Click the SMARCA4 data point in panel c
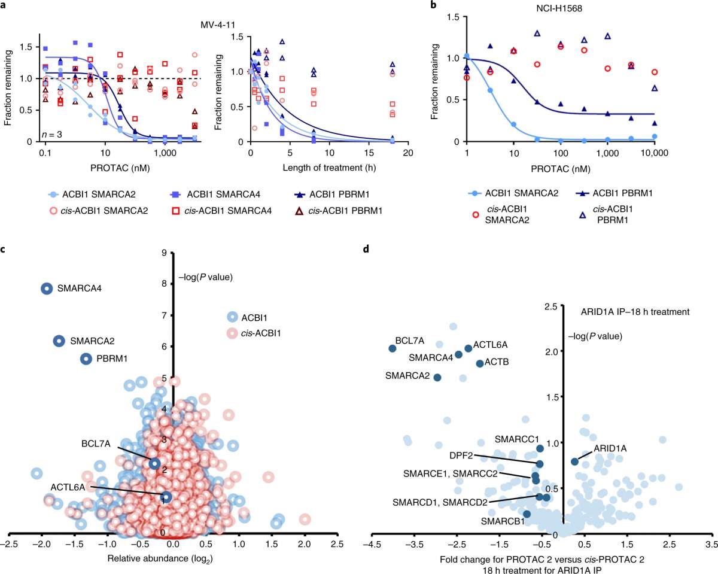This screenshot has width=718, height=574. (47, 288)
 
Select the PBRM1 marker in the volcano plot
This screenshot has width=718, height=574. (86, 359)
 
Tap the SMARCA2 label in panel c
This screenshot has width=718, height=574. (92, 341)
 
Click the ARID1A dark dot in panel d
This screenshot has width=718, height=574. (574, 461)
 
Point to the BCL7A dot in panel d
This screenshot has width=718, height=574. (393, 348)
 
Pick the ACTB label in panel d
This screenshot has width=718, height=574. (497, 362)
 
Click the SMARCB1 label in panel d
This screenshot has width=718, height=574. (503, 521)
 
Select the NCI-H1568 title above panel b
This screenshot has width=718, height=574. (559, 8)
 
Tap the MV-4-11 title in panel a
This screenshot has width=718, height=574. (218, 25)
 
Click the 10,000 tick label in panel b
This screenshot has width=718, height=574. (654, 153)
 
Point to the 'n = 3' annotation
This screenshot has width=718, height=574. (51, 135)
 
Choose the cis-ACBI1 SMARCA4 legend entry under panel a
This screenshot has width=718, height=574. (221, 211)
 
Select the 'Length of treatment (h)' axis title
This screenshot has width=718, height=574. (329, 168)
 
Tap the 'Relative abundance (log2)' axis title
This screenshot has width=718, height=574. (160, 558)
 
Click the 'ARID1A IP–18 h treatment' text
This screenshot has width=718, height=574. (635, 312)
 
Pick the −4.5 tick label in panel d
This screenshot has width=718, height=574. (372, 544)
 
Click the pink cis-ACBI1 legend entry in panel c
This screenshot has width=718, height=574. (254, 333)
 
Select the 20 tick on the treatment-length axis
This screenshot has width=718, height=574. (408, 153)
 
